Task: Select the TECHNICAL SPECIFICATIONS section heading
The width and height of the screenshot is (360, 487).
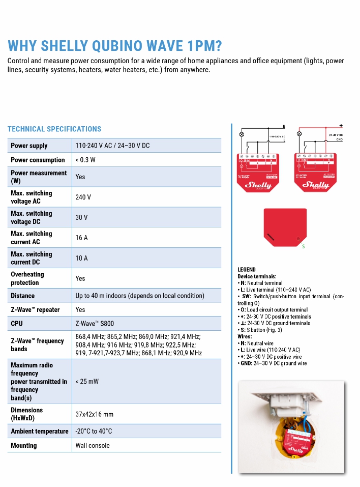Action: pyautogui.click(x=54, y=129)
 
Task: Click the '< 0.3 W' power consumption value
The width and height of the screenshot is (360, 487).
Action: pyautogui.click(x=85, y=160)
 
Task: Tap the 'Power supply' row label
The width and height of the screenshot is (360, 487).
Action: pyautogui.click(x=29, y=146)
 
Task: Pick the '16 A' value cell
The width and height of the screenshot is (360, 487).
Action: pyautogui.click(x=81, y=238)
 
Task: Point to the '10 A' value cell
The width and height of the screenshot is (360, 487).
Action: pyautogui.click(x=81, y=258)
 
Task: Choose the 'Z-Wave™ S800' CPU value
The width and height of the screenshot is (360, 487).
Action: pyautogui.click(x=97, y=323)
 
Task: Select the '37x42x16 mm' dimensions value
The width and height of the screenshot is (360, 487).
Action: pyautogui.click(x=95, y=414)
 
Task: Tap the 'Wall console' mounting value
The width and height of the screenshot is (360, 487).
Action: pyautogui.click(x=93, y=445)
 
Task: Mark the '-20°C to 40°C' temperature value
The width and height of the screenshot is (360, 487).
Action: pyautogui.click(x=94, y=431)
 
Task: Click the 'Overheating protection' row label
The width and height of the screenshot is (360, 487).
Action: pyautogui.click(x=27, y=278)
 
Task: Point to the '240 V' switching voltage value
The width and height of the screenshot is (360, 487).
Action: pyautogui.click(x=83, y=197)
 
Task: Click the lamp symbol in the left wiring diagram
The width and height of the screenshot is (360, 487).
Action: pyautogui.click(x=242, y=134)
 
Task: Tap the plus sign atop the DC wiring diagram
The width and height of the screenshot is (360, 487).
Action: pyautogui.click(x=340, y=126)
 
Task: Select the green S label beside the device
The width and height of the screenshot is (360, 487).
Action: pyautogui.click(x=304, y=247)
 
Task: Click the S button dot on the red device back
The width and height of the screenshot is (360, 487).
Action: pyautogui.click(x=297, y=238)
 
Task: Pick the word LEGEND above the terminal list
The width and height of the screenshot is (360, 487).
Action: pyautogui.click(x=247, y=270)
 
